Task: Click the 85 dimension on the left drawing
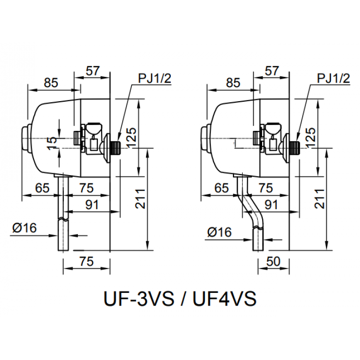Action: click(51, 83)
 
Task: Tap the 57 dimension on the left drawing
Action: click(93, 71)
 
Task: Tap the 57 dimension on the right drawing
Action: click(272, 71)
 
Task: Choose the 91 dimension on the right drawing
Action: click(270, 205)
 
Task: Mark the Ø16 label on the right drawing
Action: click(219, 232)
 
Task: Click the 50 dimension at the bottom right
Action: click(273, 262)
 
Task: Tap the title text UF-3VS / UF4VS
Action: click(180, 298)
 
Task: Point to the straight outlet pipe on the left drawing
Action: click(63, 214)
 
